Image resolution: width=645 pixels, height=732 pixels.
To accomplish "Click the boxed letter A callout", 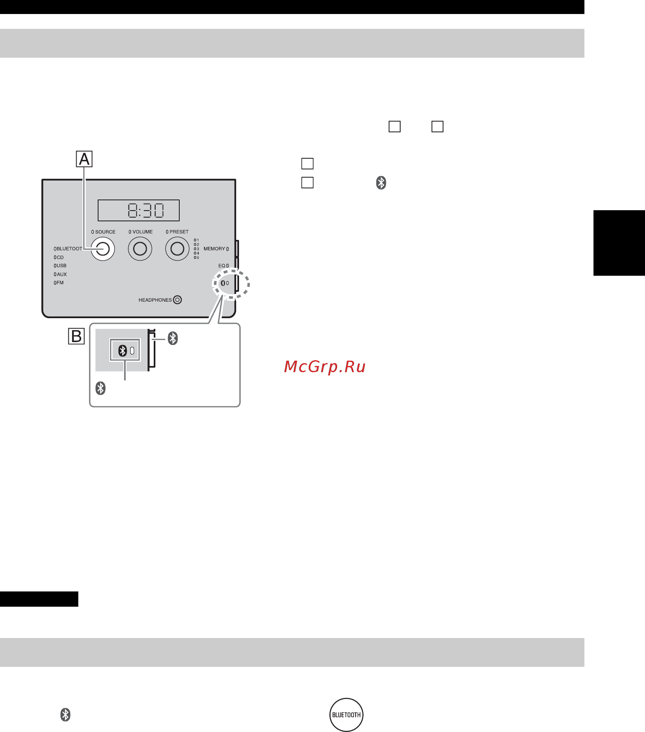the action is click(84, 159).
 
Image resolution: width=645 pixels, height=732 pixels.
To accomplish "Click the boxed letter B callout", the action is click(76, 336).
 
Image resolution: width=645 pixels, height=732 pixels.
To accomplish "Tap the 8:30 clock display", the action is click(138, 211).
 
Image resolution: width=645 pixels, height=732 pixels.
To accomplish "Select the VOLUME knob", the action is click(140, 249).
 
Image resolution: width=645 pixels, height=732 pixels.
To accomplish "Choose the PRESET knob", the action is click(177, 249).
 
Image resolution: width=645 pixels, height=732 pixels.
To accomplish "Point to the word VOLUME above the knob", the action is click(143, 232).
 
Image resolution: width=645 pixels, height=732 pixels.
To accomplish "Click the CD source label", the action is click(60, 258).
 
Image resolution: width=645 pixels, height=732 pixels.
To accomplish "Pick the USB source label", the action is click(61, 266).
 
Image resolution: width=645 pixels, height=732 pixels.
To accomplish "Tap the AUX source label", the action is click(62, 274).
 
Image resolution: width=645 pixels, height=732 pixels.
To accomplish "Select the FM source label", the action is click(60, 283).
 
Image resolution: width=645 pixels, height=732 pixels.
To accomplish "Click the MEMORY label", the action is click(214, 249).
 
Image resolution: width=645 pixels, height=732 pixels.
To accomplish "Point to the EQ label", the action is click(222, 266).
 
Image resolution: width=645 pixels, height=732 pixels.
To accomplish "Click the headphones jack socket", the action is click(178, 300).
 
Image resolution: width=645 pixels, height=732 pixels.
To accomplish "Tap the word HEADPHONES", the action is click(155, 300).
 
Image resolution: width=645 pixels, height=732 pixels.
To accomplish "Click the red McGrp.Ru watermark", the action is click(325, 366).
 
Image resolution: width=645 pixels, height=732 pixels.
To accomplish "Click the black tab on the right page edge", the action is click(619, 243).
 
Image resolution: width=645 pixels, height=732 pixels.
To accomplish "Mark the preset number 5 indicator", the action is click(197, 258).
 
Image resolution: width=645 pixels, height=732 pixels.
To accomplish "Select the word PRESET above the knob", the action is click(179, 232).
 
